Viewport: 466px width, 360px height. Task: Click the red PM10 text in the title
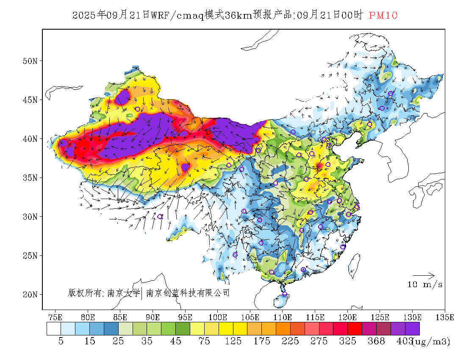point(383,15)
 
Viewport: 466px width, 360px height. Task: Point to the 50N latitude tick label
point(30,61)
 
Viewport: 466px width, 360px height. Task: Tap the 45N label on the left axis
point(30,100)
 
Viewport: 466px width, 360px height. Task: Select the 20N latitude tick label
point(30,294)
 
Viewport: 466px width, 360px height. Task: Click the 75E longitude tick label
point(55,317)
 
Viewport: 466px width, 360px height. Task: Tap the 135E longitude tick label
point(444,317)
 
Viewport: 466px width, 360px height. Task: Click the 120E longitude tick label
point(347,317)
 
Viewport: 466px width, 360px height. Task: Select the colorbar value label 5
point(61,341)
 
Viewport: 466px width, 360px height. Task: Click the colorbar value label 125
point(233,341)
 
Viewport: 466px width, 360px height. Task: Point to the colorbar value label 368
point(376,341)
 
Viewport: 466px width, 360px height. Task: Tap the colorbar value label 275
point(319,341)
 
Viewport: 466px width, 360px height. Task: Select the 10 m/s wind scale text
point(425,285)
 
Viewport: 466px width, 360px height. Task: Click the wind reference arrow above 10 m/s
point(424,276)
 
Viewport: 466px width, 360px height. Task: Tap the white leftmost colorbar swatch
point(54,329)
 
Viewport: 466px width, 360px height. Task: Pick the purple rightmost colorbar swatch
point(412,329)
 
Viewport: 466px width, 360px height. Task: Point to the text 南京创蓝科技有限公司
point(188,293)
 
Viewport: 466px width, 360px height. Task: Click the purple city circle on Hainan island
point(285,294)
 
